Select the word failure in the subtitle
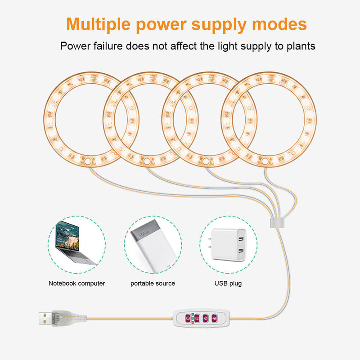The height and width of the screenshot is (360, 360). point(108,46)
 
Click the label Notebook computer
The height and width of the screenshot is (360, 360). point(76,283)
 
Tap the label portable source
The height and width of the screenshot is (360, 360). point(153,283)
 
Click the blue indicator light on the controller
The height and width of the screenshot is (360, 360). point(193,314)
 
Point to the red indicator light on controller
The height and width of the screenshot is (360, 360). point(193,322)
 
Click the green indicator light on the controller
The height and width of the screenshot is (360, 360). point(193,318)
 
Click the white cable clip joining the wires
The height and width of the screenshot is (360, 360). point(275,223)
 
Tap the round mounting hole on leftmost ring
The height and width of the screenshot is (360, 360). point(88,160)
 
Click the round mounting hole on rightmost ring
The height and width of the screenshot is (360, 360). point(265,161)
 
